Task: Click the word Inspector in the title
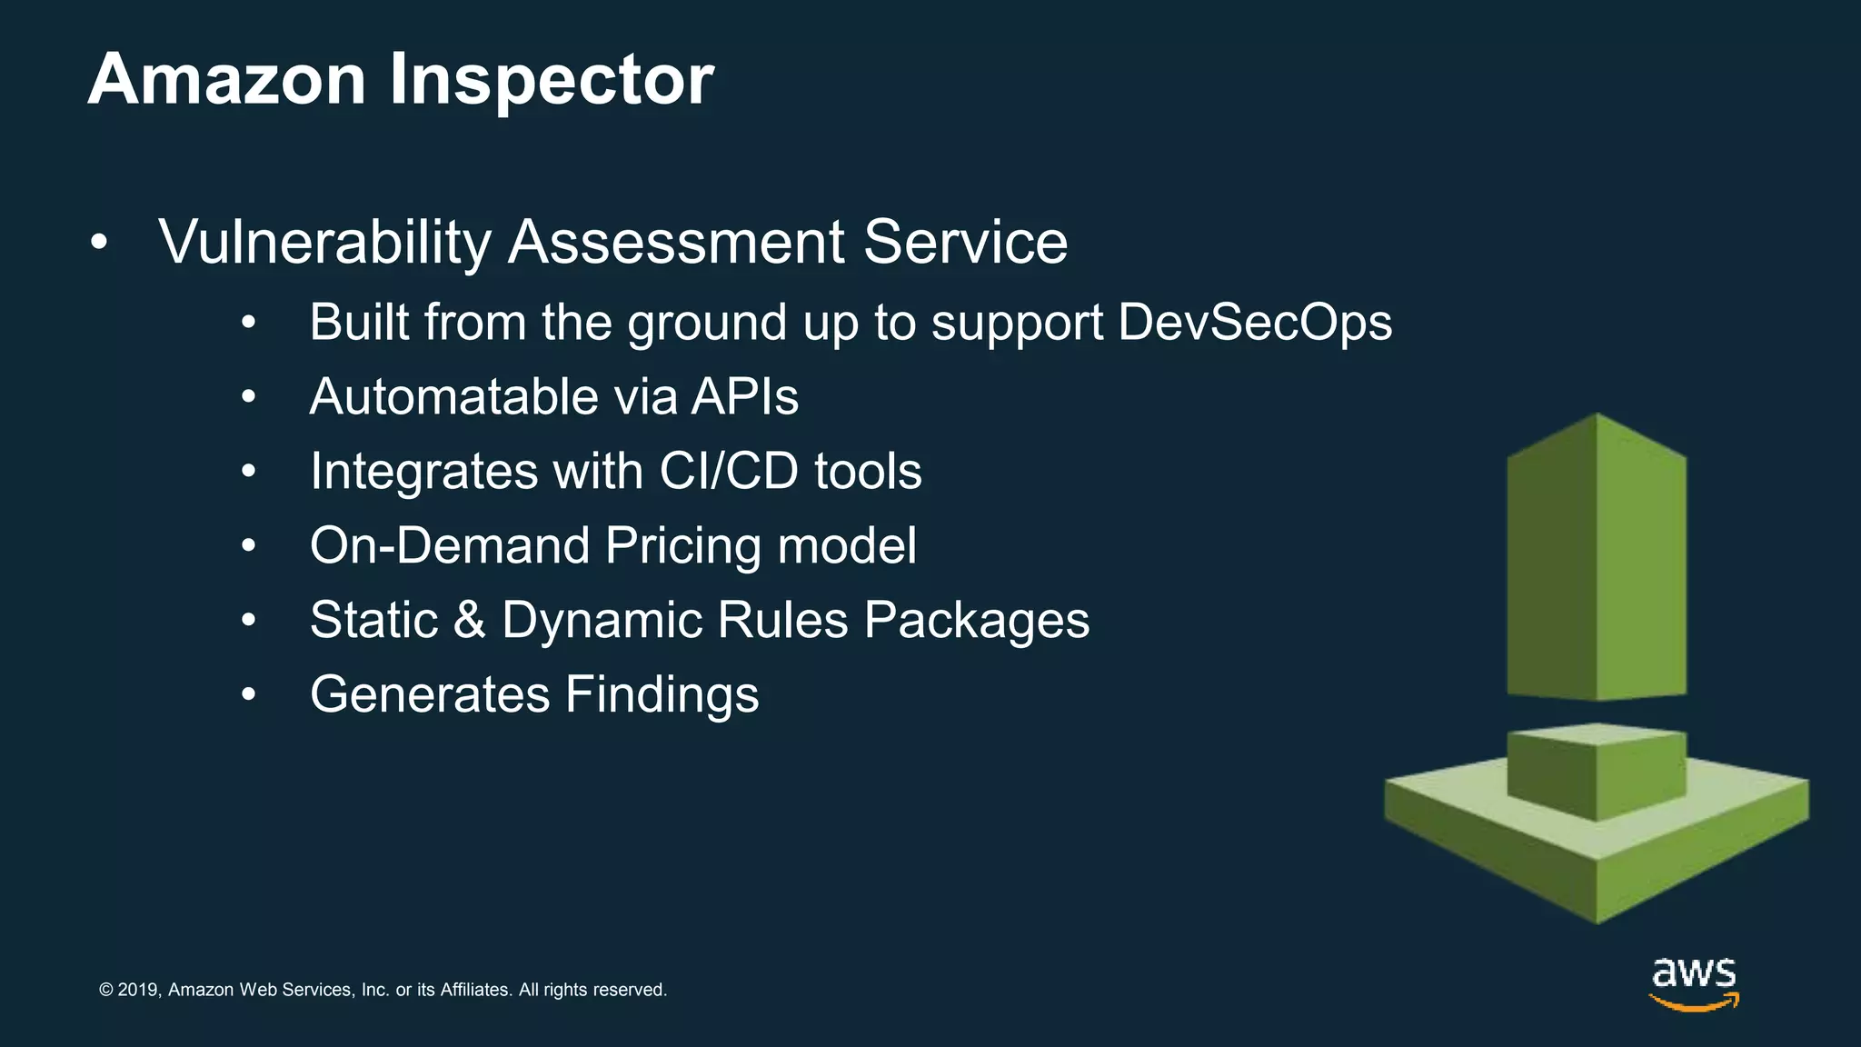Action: click(x=552, y=80)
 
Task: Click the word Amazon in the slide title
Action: click(x=227, y=80)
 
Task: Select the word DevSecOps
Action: click(x=1255, y=322)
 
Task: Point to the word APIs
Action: click(x=744, y=397)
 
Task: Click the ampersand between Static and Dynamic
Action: click(x=469, y=620)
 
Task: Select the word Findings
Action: click(x=662, y=695)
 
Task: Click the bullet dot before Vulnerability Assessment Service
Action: click(x=99, y=244)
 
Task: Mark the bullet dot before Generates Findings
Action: click(x=249, y=695)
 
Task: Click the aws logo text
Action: click(x=1693, y=973)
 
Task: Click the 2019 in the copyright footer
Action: click(x=139, y=990)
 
